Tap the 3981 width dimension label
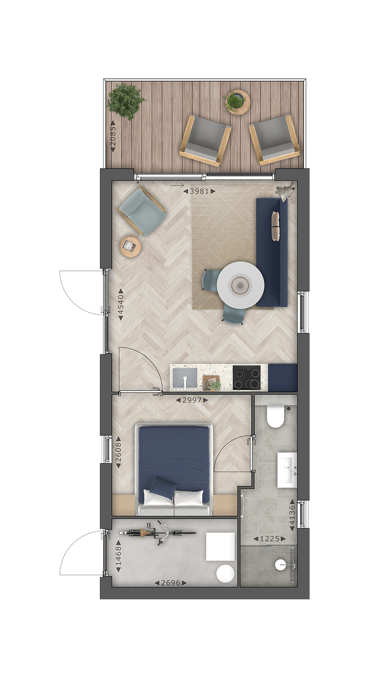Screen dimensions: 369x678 pyautogui.click(x=199, y=191)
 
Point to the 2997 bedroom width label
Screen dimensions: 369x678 pyautogui.click(x=192, y=400)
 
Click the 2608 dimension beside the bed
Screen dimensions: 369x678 pyautogui.click(x=118, y=452)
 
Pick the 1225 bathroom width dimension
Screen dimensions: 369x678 pyautogui.click(x=270, y=539)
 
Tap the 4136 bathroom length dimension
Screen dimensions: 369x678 pyautogui.click(x=292, y=515)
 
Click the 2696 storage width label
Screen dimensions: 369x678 pyautogui.click(x=171, y=583)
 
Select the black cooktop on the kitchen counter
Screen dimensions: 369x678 pyautogui.click(x=246, y=377)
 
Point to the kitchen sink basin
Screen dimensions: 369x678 pyautogui.click(x=185, y=378)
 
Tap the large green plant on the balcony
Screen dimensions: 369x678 pyautogui.click(x=125, y=102)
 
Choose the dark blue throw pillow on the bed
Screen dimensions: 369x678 pyautogui.click(x=163, y=488)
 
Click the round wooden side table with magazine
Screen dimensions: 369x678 pyautogui.click(x=131, y=247)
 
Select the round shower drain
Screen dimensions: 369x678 pyautogui.click(x=280, y=564)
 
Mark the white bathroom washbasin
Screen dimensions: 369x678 pyautogui.click(x=287, y=470)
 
